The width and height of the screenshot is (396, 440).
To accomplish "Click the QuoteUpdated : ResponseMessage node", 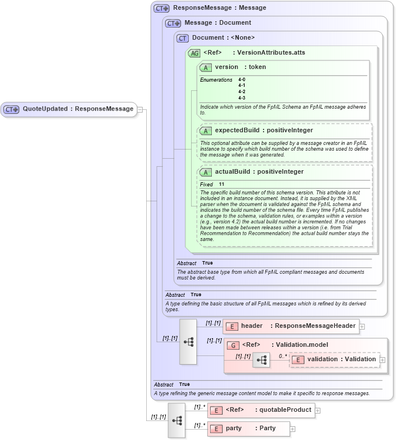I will tap(70, 109).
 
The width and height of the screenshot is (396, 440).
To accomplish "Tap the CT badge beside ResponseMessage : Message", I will tap(162, 9).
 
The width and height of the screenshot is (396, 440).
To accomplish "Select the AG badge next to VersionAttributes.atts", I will tap(194, 53).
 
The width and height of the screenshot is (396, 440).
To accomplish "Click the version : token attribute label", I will tap(240, 67).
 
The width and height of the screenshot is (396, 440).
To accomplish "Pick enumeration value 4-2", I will tap(242, 91).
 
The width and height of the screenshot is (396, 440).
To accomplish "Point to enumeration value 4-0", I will tap(242, 79).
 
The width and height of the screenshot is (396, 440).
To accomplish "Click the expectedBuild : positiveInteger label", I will tap(264, 131).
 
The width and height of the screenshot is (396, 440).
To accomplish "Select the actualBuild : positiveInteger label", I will tap(259, 172).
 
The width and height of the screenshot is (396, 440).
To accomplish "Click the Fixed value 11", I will tap(222, 184).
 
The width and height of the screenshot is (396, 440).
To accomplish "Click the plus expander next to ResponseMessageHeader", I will tap(362, 327).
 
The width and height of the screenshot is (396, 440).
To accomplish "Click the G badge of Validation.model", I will tap(233, 345).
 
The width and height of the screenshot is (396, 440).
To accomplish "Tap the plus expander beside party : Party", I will tap(292, 429).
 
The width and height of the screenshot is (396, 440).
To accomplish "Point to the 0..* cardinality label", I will tap(283, 355).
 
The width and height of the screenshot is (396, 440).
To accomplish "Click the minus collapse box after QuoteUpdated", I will tap(140, 109).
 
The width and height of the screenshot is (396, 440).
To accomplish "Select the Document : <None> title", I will tap(223, 38).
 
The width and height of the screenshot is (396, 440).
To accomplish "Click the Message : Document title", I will tap(218, 23).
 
